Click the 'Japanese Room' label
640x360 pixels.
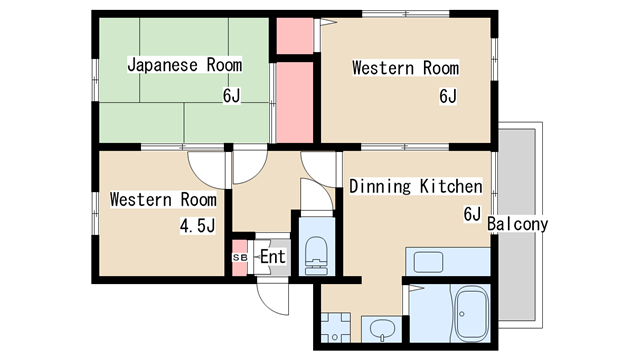pyautogui.click(x=185, y=65)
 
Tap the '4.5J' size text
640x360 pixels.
pyautogui.click(x=197, y=226)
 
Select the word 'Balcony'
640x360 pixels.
pyautogui.click(x=518, y=224)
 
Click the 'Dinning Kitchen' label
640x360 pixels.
pyautogui.click(x=415, y=186)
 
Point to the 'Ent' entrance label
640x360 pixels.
pyautogui.click(x=273, y=257)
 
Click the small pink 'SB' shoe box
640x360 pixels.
pyautogui.click(x=239, y=257)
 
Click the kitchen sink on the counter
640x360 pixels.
pyautogui.click(x=429, y=262)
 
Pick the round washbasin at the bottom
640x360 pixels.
pyautogui.click(x=380, y=327)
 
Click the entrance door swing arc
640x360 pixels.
pyautogui.click(x=272, y=292)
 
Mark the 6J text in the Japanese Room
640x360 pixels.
pyautogui.click(x=233, y=97)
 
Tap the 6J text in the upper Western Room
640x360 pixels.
pyautogui.click(x=447, y=97)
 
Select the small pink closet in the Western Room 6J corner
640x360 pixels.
pyautogui.click(x=295, y=37)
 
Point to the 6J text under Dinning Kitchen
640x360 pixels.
pyautogui.click(x=472, y=214)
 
